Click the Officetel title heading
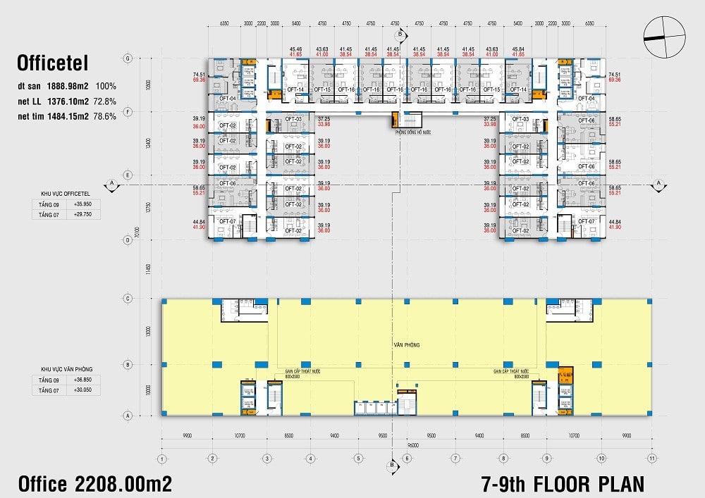point(52,64)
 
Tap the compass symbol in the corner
point(664,37)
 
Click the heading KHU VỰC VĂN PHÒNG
point(67,369)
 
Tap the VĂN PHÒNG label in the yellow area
point(406,345)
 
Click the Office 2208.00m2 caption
point(94,483)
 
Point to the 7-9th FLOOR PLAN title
point(562,484)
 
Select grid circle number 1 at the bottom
point(161,459)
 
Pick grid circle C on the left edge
point(127,299)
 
